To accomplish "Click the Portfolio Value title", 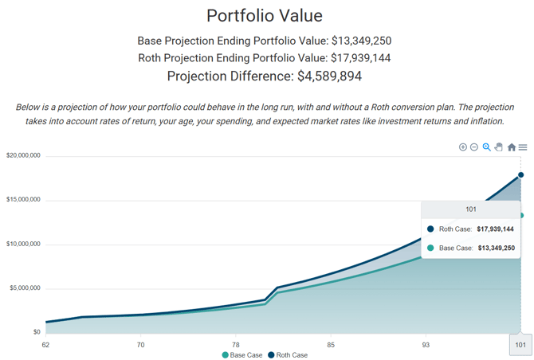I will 265,16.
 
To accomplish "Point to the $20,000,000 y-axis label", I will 23,155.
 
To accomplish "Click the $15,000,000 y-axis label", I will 23,200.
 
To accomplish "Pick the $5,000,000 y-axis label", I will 25,288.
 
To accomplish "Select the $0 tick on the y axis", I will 36,332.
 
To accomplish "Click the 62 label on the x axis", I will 45,345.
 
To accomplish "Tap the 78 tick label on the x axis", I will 235,345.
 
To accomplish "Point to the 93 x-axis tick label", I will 426,345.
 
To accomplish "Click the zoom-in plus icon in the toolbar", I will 463,147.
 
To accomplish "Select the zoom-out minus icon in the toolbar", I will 474,147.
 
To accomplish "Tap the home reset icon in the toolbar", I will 512,147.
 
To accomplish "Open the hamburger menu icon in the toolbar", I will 523,147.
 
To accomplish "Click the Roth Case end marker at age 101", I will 521,174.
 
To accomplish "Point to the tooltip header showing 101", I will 470,209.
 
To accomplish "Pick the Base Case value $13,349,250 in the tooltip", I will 495,248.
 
